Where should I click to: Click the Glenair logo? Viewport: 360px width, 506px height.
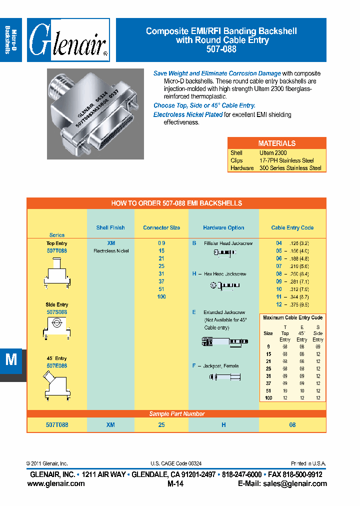pos(68,40)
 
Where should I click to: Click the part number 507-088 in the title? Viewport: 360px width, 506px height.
pos(221,49)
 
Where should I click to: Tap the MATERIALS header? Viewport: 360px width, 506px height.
pos(276,143)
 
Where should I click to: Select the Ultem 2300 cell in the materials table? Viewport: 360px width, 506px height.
pos(273,153)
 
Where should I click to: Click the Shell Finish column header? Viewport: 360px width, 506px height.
pos(110,227)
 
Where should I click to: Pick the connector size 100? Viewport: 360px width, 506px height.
pos(161,297)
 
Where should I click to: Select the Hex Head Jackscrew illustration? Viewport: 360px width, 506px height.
pos(224,285)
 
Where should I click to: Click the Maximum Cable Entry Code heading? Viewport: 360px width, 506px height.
pos(292,317)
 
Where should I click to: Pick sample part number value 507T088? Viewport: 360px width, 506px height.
pos(56,424)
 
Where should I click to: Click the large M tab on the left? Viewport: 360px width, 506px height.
pos(11,360)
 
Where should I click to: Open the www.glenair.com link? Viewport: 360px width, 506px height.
pos(56,483)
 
